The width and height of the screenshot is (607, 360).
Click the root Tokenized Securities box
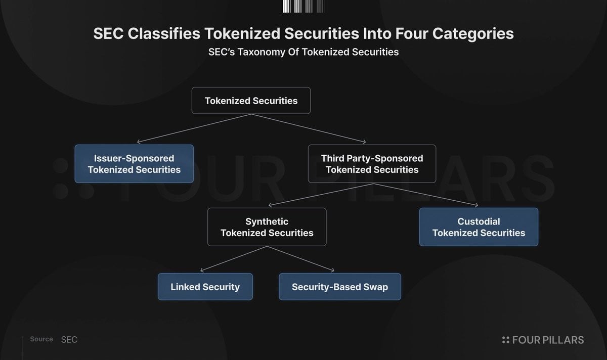(251, 101)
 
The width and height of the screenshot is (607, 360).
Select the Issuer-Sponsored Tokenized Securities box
(134, 164)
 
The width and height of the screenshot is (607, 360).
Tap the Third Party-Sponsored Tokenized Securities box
(372, 164)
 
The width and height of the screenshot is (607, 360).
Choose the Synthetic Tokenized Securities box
(267, 227)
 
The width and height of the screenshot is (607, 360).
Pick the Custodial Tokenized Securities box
(479, 227)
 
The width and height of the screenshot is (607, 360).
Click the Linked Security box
(205, 287)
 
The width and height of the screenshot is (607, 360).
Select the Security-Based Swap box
(340, 287)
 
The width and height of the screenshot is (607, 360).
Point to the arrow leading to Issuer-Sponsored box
(194, 128)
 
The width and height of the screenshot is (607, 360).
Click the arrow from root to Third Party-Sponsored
(309, 128)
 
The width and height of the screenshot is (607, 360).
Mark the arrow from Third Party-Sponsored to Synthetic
(321, 195)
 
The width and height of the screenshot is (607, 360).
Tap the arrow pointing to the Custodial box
(426, 195)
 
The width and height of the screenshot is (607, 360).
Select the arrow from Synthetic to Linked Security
(234, 259)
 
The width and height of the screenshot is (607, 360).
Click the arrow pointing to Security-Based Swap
(301, 259)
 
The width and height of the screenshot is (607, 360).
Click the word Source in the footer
(41, 339)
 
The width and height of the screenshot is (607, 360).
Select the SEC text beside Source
(69, 340)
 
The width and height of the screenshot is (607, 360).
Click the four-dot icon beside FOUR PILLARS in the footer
(506, 340)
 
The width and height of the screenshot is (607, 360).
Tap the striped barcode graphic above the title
(303, 6)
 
